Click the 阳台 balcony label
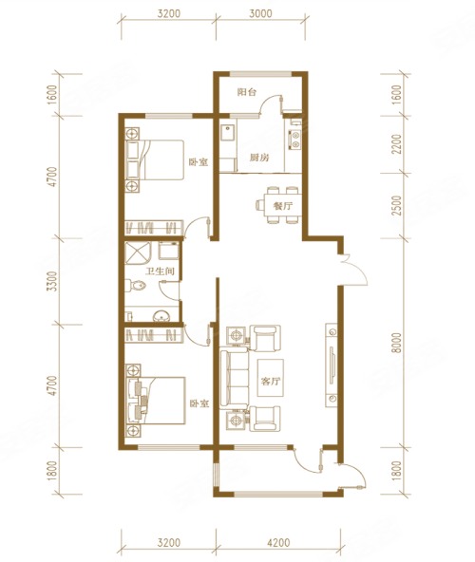tap(247, 92)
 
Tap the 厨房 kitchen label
tap(259, 158)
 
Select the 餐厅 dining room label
tap(283, 206)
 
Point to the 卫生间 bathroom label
tap(160, 271)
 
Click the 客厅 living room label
tap(270, 381)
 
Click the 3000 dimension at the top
tap(261, 14)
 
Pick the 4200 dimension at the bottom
tap(278, 543)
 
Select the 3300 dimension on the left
tap(53, 281)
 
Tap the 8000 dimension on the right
tap(396, 343)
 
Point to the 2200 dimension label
tap(396, 144)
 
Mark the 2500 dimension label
tap(396, 205)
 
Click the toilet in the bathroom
tap(136, 286)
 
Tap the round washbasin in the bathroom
tap(162, 316)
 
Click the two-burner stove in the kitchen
tap(295, 140)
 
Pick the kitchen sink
tap(228, 133)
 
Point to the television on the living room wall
tap(332, 365)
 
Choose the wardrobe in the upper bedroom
tap(154, 227)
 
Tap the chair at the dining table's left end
tap(259, 205)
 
